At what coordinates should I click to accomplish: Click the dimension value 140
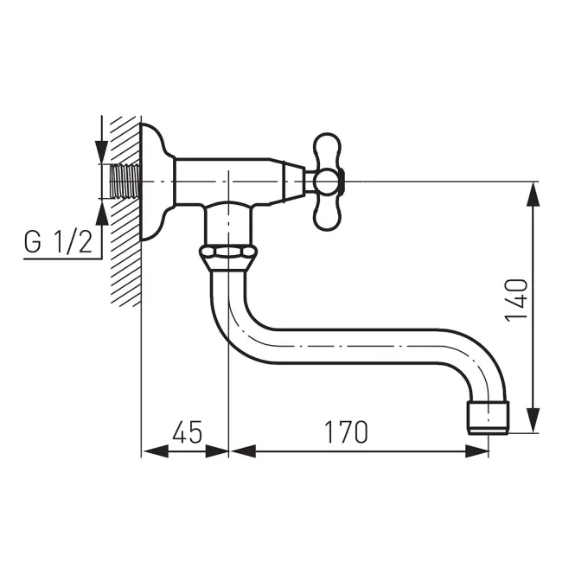click(516, 300)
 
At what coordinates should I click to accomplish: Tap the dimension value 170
click(346, 431)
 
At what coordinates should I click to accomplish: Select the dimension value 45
click(187, 431)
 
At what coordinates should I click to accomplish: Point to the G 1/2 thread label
click(58, 242)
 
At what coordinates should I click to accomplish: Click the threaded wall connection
click(125, 182)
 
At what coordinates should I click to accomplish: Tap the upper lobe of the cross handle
click(327, 151)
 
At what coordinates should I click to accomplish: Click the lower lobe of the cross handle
click(327, 213)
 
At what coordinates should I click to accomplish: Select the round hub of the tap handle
click(326, 182)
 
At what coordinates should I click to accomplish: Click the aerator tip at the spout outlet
click(489, 418)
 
